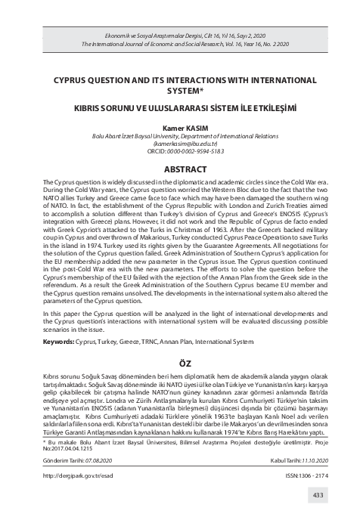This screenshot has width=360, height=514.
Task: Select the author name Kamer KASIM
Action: pyautogui.click(x=180, y=128)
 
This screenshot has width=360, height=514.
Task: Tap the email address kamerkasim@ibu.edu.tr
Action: pyautogui.click(x=180, y=142)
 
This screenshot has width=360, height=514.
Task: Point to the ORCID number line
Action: pyautogui.click(x=180, y=150)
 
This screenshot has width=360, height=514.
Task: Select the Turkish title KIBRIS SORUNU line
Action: pyautogui.click(x=180, y=108)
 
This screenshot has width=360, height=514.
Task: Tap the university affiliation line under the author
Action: pyautogui.click(x=180, y=135)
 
